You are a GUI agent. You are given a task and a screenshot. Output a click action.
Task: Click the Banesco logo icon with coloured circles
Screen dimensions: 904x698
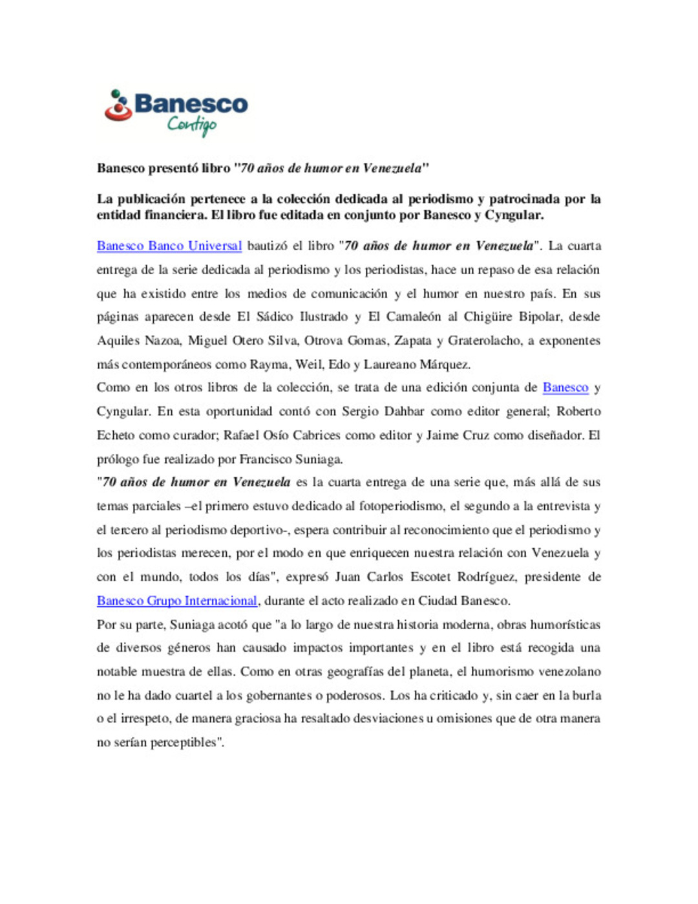click(x=117, y=106)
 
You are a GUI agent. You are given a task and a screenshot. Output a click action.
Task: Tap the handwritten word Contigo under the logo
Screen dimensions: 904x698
click(x=192, y=124)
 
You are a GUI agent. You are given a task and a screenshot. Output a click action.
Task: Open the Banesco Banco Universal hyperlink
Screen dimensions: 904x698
click(x=169, y=246)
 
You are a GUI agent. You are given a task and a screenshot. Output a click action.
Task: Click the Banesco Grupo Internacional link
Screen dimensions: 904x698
click(x=177, y=601)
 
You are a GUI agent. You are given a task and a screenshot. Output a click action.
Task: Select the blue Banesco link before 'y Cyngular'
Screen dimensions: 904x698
click(x=566, y=387)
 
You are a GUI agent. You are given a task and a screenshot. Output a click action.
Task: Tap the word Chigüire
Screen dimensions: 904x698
click(x=489, y=317)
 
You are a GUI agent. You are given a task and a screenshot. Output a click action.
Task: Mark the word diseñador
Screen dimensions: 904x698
click(x=556, y=435)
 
